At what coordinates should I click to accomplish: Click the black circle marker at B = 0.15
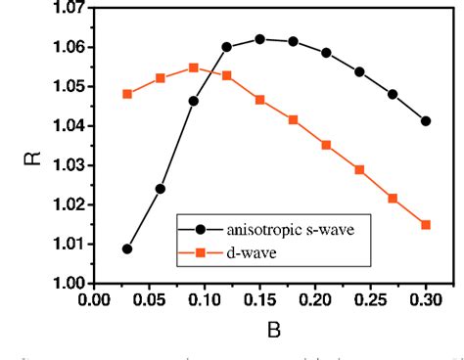(259, 39)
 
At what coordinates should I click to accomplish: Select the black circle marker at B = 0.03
(127, 248)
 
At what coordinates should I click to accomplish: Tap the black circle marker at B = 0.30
(426, 121)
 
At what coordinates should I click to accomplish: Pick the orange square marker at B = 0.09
(193, 67)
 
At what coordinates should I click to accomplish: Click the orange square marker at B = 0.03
(127, 94)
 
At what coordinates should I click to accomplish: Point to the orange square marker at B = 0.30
(426, 225)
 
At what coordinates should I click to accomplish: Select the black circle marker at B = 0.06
(160, 189)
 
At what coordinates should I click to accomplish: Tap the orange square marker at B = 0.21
(326, 145)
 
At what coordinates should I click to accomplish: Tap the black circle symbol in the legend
(201, 230)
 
